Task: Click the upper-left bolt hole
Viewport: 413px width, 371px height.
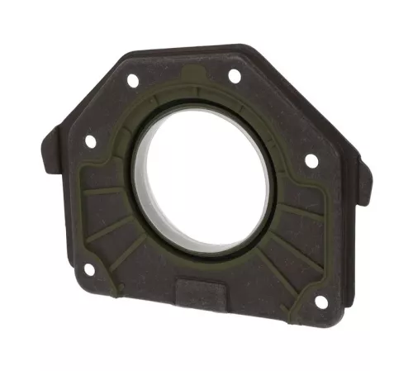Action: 131,81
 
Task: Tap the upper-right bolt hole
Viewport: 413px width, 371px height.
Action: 234,76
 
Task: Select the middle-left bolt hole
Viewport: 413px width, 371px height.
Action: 90,141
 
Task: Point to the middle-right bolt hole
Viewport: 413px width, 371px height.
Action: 311,160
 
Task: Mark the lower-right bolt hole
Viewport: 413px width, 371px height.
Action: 320,301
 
